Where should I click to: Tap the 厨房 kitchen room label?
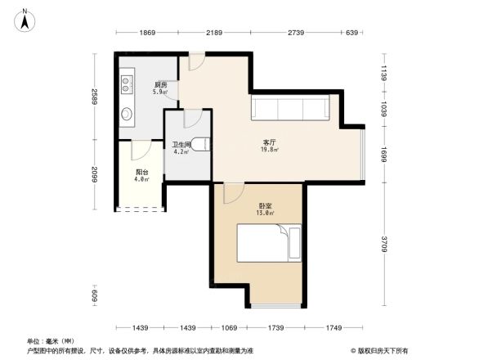click(x=161, y=85)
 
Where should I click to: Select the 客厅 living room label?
click(x=268, y=142)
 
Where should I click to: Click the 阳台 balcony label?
click(x=141, y=172)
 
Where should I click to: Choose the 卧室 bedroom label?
click(x=266, y=205)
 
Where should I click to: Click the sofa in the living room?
click(x=290, y=108)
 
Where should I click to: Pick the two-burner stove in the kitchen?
click(x=127, y=83)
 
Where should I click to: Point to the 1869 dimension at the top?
click(x=146, y=33)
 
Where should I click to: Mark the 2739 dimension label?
click(x=296, y=33)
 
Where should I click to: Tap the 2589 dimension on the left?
click(x=95, y=97)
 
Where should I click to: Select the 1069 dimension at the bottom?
click(x=229, y=327)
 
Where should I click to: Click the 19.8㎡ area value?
click(x=268, y=150)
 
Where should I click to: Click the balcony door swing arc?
click(x=141, y=151)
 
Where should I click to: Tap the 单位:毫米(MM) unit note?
click(x=51, y=340)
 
